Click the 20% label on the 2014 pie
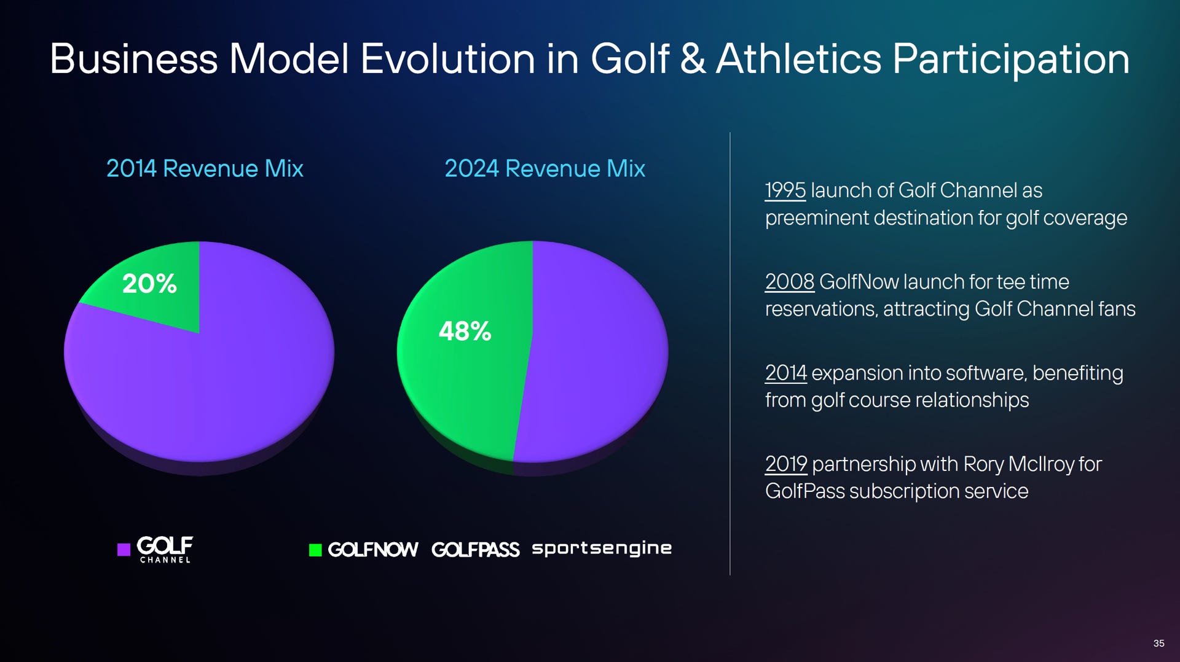click(149, 284)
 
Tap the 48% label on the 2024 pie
click(465, 332)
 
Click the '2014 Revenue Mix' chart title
click(205, 169)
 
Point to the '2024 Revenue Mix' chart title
click(545, 169)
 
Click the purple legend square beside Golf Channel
click(124, 550)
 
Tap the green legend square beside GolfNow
click(315, 550)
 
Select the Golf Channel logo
click(165, 549)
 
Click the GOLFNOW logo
click(373, 550)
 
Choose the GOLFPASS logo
click(475, 550)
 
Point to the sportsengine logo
click(602, 548)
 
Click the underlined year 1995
click(785, 190)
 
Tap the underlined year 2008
click(789, 282)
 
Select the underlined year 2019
click(785, 464)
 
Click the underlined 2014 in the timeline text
click(785, 373)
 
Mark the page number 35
click(1158, 643)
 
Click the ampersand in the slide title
click(693, 60)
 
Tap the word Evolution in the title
click(447, 60)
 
